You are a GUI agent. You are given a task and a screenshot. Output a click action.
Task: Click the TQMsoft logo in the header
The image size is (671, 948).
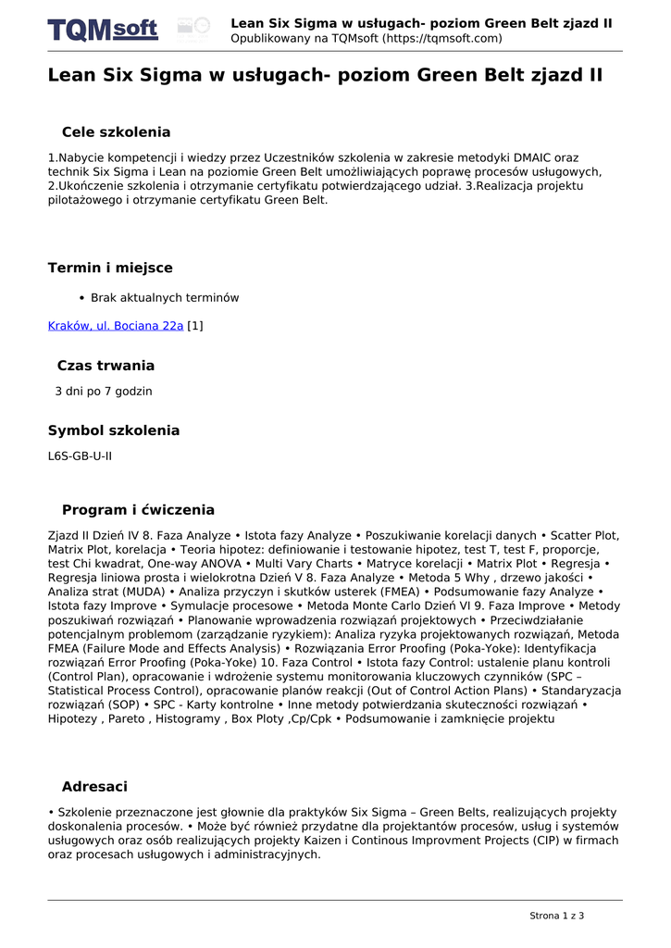103,30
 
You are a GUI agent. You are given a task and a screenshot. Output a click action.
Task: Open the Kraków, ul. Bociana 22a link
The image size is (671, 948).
116,326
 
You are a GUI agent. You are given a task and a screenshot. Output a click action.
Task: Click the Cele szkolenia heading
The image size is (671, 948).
116,132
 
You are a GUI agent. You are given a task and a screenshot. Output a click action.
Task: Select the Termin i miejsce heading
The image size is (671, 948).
110,268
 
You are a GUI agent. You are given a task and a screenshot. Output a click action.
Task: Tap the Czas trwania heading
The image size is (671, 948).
106,366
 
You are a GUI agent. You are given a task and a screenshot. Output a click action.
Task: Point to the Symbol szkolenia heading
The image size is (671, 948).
114,430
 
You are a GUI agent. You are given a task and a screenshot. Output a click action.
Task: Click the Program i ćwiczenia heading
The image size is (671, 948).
138,510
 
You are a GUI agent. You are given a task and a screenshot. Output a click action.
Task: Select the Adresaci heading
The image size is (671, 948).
94,787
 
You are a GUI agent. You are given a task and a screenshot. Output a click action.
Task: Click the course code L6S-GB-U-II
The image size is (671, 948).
80,456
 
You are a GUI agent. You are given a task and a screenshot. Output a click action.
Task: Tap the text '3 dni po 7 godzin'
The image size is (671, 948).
104,392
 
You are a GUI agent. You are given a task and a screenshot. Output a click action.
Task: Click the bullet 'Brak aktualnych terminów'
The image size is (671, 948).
165,298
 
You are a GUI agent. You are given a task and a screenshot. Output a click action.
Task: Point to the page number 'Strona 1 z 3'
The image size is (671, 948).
556,916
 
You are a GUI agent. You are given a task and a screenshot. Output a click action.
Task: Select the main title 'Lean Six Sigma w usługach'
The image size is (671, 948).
325,76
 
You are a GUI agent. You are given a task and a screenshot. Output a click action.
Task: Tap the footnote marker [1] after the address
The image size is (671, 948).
195,326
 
